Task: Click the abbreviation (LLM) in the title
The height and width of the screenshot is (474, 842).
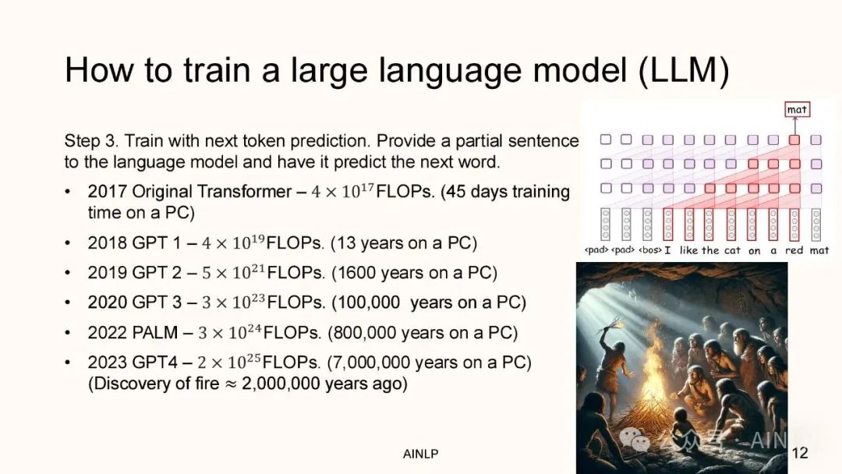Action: tap(684, 71)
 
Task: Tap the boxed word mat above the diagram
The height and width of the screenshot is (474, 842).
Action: tap(797, 109)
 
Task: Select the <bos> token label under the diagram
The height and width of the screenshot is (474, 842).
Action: tap(649, 250)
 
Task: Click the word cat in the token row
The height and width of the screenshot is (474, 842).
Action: tap(732, 250)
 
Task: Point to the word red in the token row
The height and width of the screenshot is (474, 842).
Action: tap(794, 250)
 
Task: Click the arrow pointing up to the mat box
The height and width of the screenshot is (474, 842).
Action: tap(794, 126)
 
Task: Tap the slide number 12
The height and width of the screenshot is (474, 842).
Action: tap(800, 453)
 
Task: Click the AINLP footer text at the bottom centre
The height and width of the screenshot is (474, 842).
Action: tap(420, 455)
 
